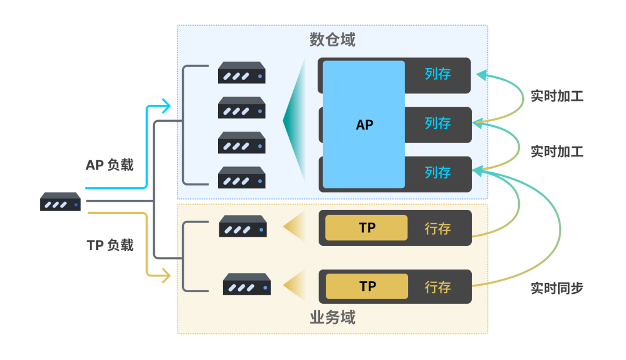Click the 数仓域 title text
[332, 39]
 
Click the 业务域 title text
[332, 318]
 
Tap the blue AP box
[363, 125]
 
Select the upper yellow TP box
[366, 228]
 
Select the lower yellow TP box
[367, 286]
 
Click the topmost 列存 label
[438, 74]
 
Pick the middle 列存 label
[438, 123]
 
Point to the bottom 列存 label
[438, 173]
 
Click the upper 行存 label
[438, 228]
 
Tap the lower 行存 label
[438, 287]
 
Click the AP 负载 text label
[110, 165]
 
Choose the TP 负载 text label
[110, 245]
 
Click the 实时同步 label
[557, 288]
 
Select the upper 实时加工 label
[557, 96]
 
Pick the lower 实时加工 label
[557, 152]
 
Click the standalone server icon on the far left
[60, 202]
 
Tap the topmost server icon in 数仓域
[242, 72]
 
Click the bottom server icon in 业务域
[247, 284]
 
